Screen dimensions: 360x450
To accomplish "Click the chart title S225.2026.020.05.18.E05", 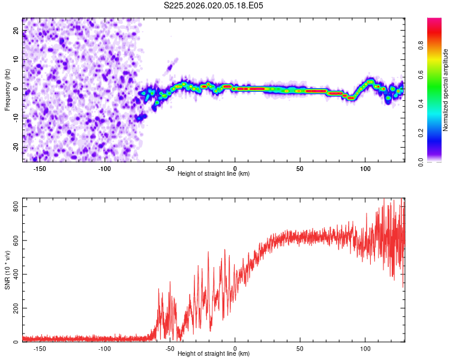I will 214,5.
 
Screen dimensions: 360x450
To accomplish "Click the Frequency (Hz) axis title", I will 8,89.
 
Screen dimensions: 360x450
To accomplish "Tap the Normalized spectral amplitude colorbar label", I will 446,91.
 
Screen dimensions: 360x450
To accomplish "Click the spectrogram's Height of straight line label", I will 214,174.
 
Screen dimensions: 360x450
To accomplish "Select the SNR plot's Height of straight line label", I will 214,354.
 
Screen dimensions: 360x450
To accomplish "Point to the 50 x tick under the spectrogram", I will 300,169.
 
